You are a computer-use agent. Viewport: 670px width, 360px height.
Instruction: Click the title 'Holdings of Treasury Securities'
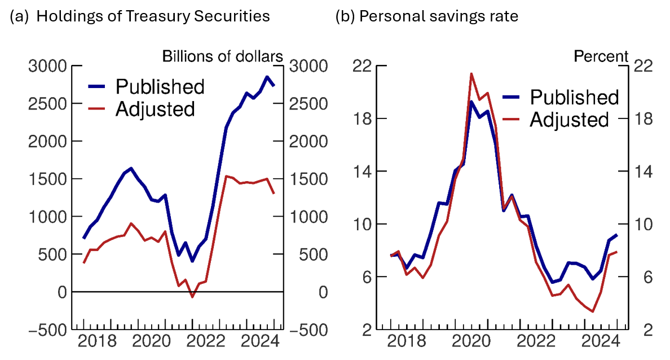[153, 16]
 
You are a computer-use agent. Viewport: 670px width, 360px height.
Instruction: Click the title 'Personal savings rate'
[438, 16]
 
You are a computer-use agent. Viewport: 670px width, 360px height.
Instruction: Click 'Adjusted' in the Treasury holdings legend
[155, 109]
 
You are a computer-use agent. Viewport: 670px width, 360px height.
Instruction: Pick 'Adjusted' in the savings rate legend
[570, 120]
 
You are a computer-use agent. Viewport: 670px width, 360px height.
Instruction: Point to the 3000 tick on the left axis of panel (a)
[47, 66]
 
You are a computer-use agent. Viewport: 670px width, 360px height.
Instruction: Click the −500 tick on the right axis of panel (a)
[307, 330]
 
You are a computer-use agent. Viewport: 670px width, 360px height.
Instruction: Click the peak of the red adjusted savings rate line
[471, 73]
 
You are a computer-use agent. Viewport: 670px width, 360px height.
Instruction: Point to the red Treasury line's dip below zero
[192, 297]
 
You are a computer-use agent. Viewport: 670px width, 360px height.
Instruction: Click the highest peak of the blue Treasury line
[266, 77]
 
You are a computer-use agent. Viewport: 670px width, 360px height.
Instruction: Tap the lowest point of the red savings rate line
[593, 311]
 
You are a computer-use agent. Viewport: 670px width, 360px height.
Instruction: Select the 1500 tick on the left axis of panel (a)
[47, 179]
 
